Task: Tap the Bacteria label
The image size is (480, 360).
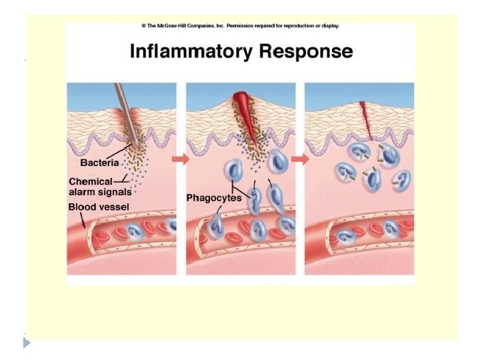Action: pyautogui.click(x=99, y=162)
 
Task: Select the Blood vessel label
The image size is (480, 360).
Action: pyautogui.click(x=98, y=207)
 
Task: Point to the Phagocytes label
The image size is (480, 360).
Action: pyautogui.click(x=214, y=198)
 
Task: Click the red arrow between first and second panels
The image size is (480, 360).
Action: pyautogui.click(x=181, y=160)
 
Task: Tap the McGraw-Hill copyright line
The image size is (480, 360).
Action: pyautogui.click(x=240, y=26)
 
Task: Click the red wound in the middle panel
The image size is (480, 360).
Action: pyautogui.click(x=241, y=110)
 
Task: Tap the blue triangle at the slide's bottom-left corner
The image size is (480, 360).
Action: pyautogui.click(x=27, y=343)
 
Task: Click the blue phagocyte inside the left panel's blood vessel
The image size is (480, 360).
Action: pyautogui.click(x=136, y=233)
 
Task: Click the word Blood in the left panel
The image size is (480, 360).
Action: pyautogui.click(x=81, y=207)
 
